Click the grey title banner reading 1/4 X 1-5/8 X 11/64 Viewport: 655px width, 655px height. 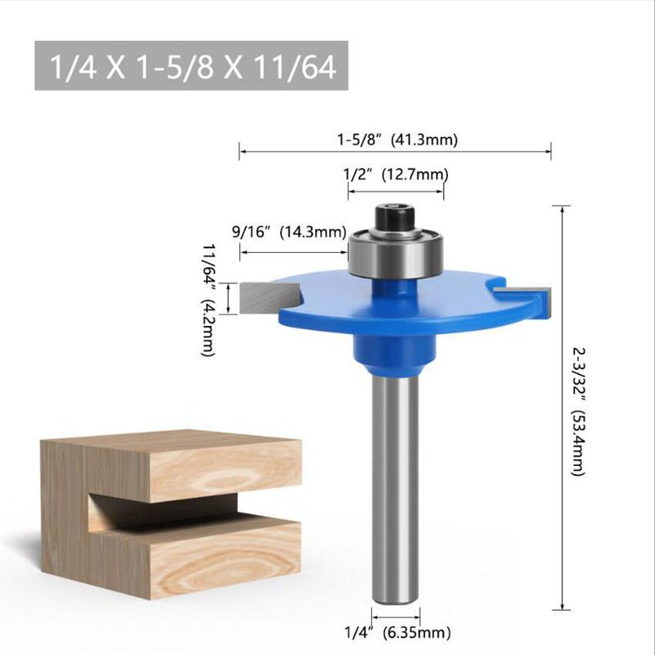pos(192,65)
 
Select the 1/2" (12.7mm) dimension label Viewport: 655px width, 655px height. pos(395,174)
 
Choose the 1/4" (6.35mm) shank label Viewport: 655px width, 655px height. pos(397,631)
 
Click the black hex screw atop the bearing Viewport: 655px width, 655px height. pos(395,219)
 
